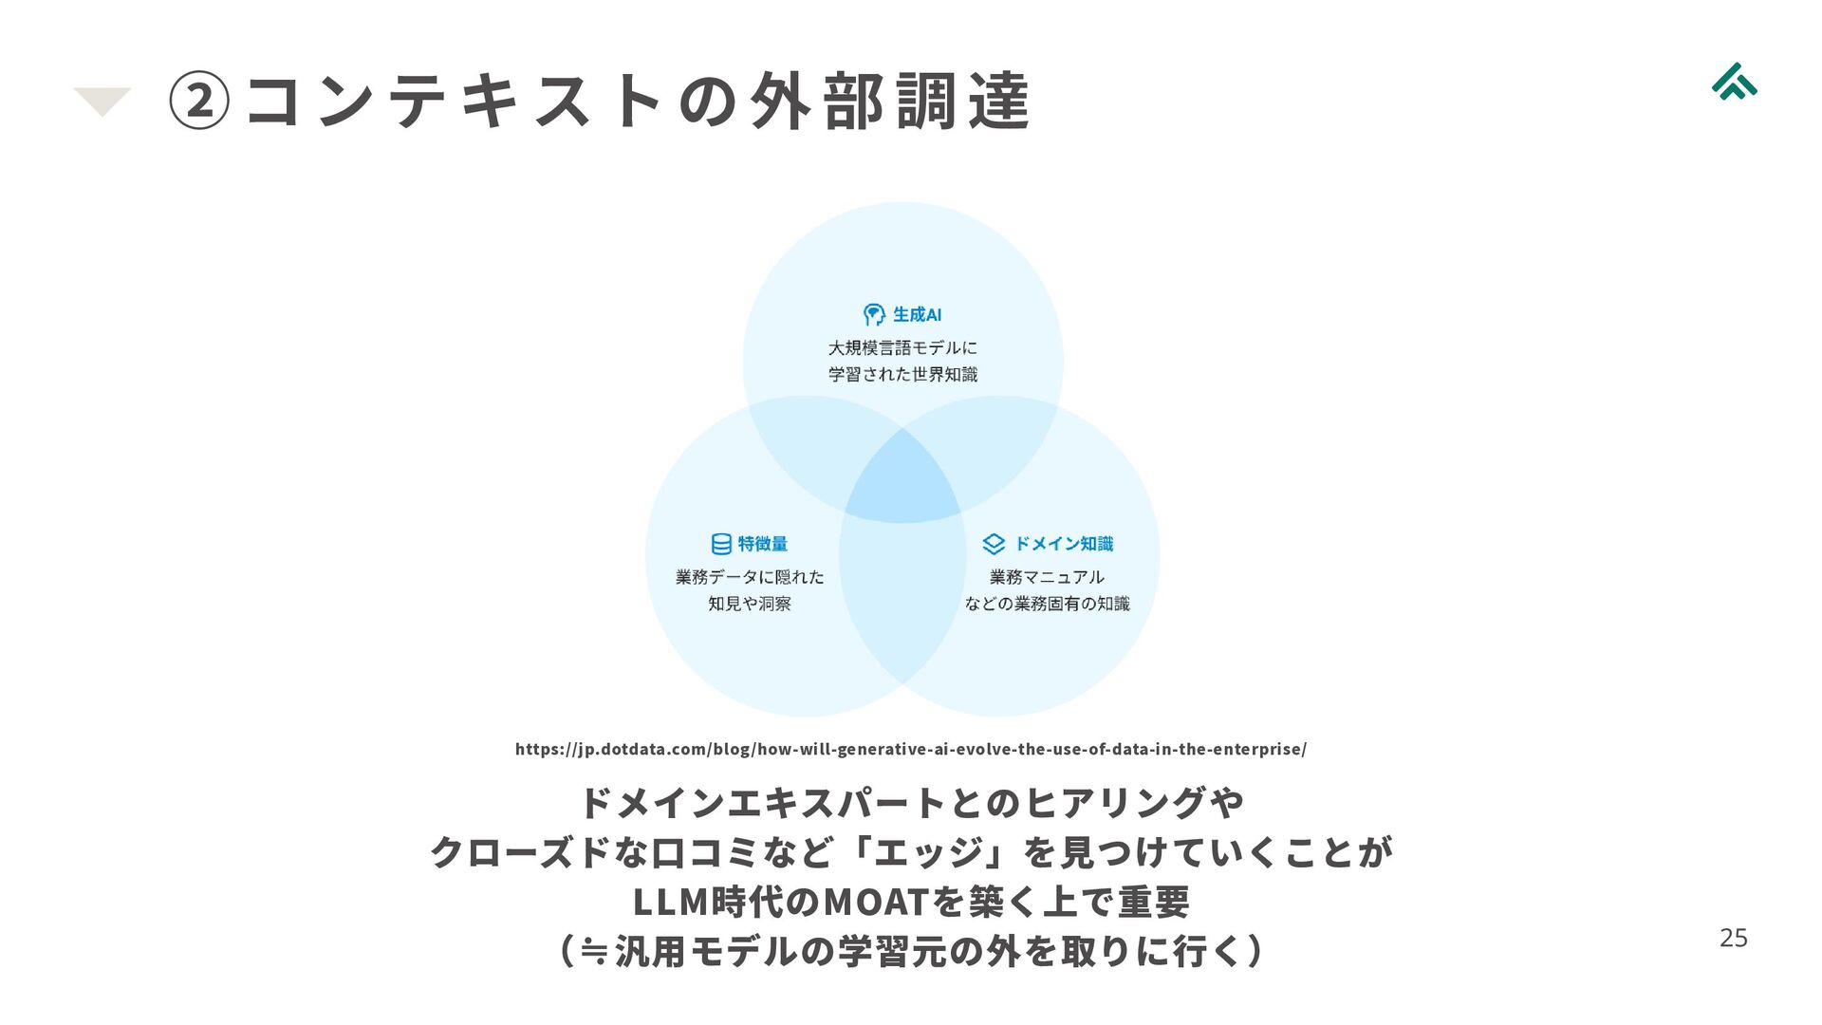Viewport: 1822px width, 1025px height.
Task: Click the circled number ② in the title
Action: pyautogui.click(x=198, y=102)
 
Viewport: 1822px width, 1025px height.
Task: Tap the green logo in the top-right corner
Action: pyautogui.click(x=1734, y=82)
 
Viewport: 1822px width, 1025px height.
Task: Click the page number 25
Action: pyautogui.click(x=1733, y=938)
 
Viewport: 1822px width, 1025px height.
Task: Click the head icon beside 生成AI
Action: pyautogui.click(x=873, y=314)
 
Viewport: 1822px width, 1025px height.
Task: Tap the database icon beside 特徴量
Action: pyautogui.click(x=721, y=544)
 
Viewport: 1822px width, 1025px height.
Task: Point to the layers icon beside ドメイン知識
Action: pyautogui.click(x=993, y=544)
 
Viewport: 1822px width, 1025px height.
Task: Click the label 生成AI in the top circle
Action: pyautogui.click(x=917, y=314)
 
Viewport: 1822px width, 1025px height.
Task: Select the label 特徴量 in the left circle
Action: pyautogui.click(x=763, y=544)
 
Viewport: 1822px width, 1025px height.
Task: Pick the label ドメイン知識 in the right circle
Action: pyautogui.click(x=1064, y=544)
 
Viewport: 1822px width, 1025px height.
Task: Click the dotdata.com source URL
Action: pyautogui.click(x=910, y=749)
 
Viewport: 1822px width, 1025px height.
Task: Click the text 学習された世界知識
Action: pyautogui.click(x=902, y=375)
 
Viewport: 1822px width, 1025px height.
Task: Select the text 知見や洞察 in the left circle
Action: pyautogui.click(x=749, y=604)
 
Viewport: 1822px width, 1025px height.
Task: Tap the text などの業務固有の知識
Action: pyautogui.click(x=1047, y=604)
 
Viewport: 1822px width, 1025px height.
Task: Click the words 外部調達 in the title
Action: pyautogui.click(x=889, y=102)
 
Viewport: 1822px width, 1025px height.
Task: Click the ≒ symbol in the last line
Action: pyautogui.click(x=594, y=950)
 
